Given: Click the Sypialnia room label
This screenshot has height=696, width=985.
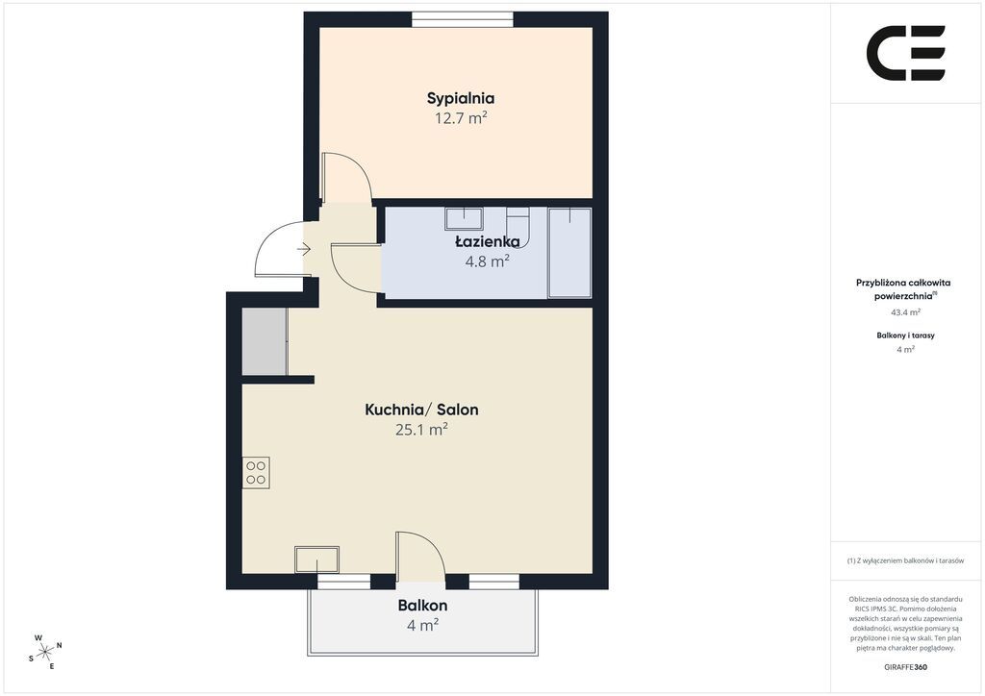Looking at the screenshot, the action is [461, 98].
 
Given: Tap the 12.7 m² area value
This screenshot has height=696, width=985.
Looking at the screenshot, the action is [461, 118].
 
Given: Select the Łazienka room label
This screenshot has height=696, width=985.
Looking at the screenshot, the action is [488, 241].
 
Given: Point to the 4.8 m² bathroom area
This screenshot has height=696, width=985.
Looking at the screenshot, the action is [487, 261].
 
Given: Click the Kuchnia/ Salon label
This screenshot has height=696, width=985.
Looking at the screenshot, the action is [421, 410].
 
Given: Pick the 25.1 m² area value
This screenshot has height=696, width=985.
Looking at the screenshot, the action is [421, 430].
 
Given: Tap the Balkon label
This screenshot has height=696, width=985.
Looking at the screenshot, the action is [422, 606].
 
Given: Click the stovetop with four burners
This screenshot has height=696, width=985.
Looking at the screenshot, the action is [256, 473].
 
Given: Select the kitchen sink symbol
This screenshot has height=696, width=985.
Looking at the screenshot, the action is [317, 559].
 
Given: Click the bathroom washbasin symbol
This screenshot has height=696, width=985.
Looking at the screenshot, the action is [464, 218].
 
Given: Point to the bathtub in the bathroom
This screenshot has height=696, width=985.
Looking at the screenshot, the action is [569, 253].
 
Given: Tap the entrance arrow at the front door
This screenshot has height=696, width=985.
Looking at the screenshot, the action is [304, 250].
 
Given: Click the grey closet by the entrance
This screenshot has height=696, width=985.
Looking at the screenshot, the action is [265, 342].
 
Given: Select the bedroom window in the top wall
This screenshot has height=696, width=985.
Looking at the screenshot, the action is [463, 19].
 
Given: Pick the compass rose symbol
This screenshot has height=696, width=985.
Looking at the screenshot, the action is [46, 652].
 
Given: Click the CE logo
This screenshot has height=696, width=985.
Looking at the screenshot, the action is [906, 53].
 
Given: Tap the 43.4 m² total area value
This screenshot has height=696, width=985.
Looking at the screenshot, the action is [906, 311].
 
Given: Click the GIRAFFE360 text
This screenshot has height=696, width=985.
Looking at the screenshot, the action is [905, 667].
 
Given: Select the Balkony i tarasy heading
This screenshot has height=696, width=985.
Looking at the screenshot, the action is [905, 336].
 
